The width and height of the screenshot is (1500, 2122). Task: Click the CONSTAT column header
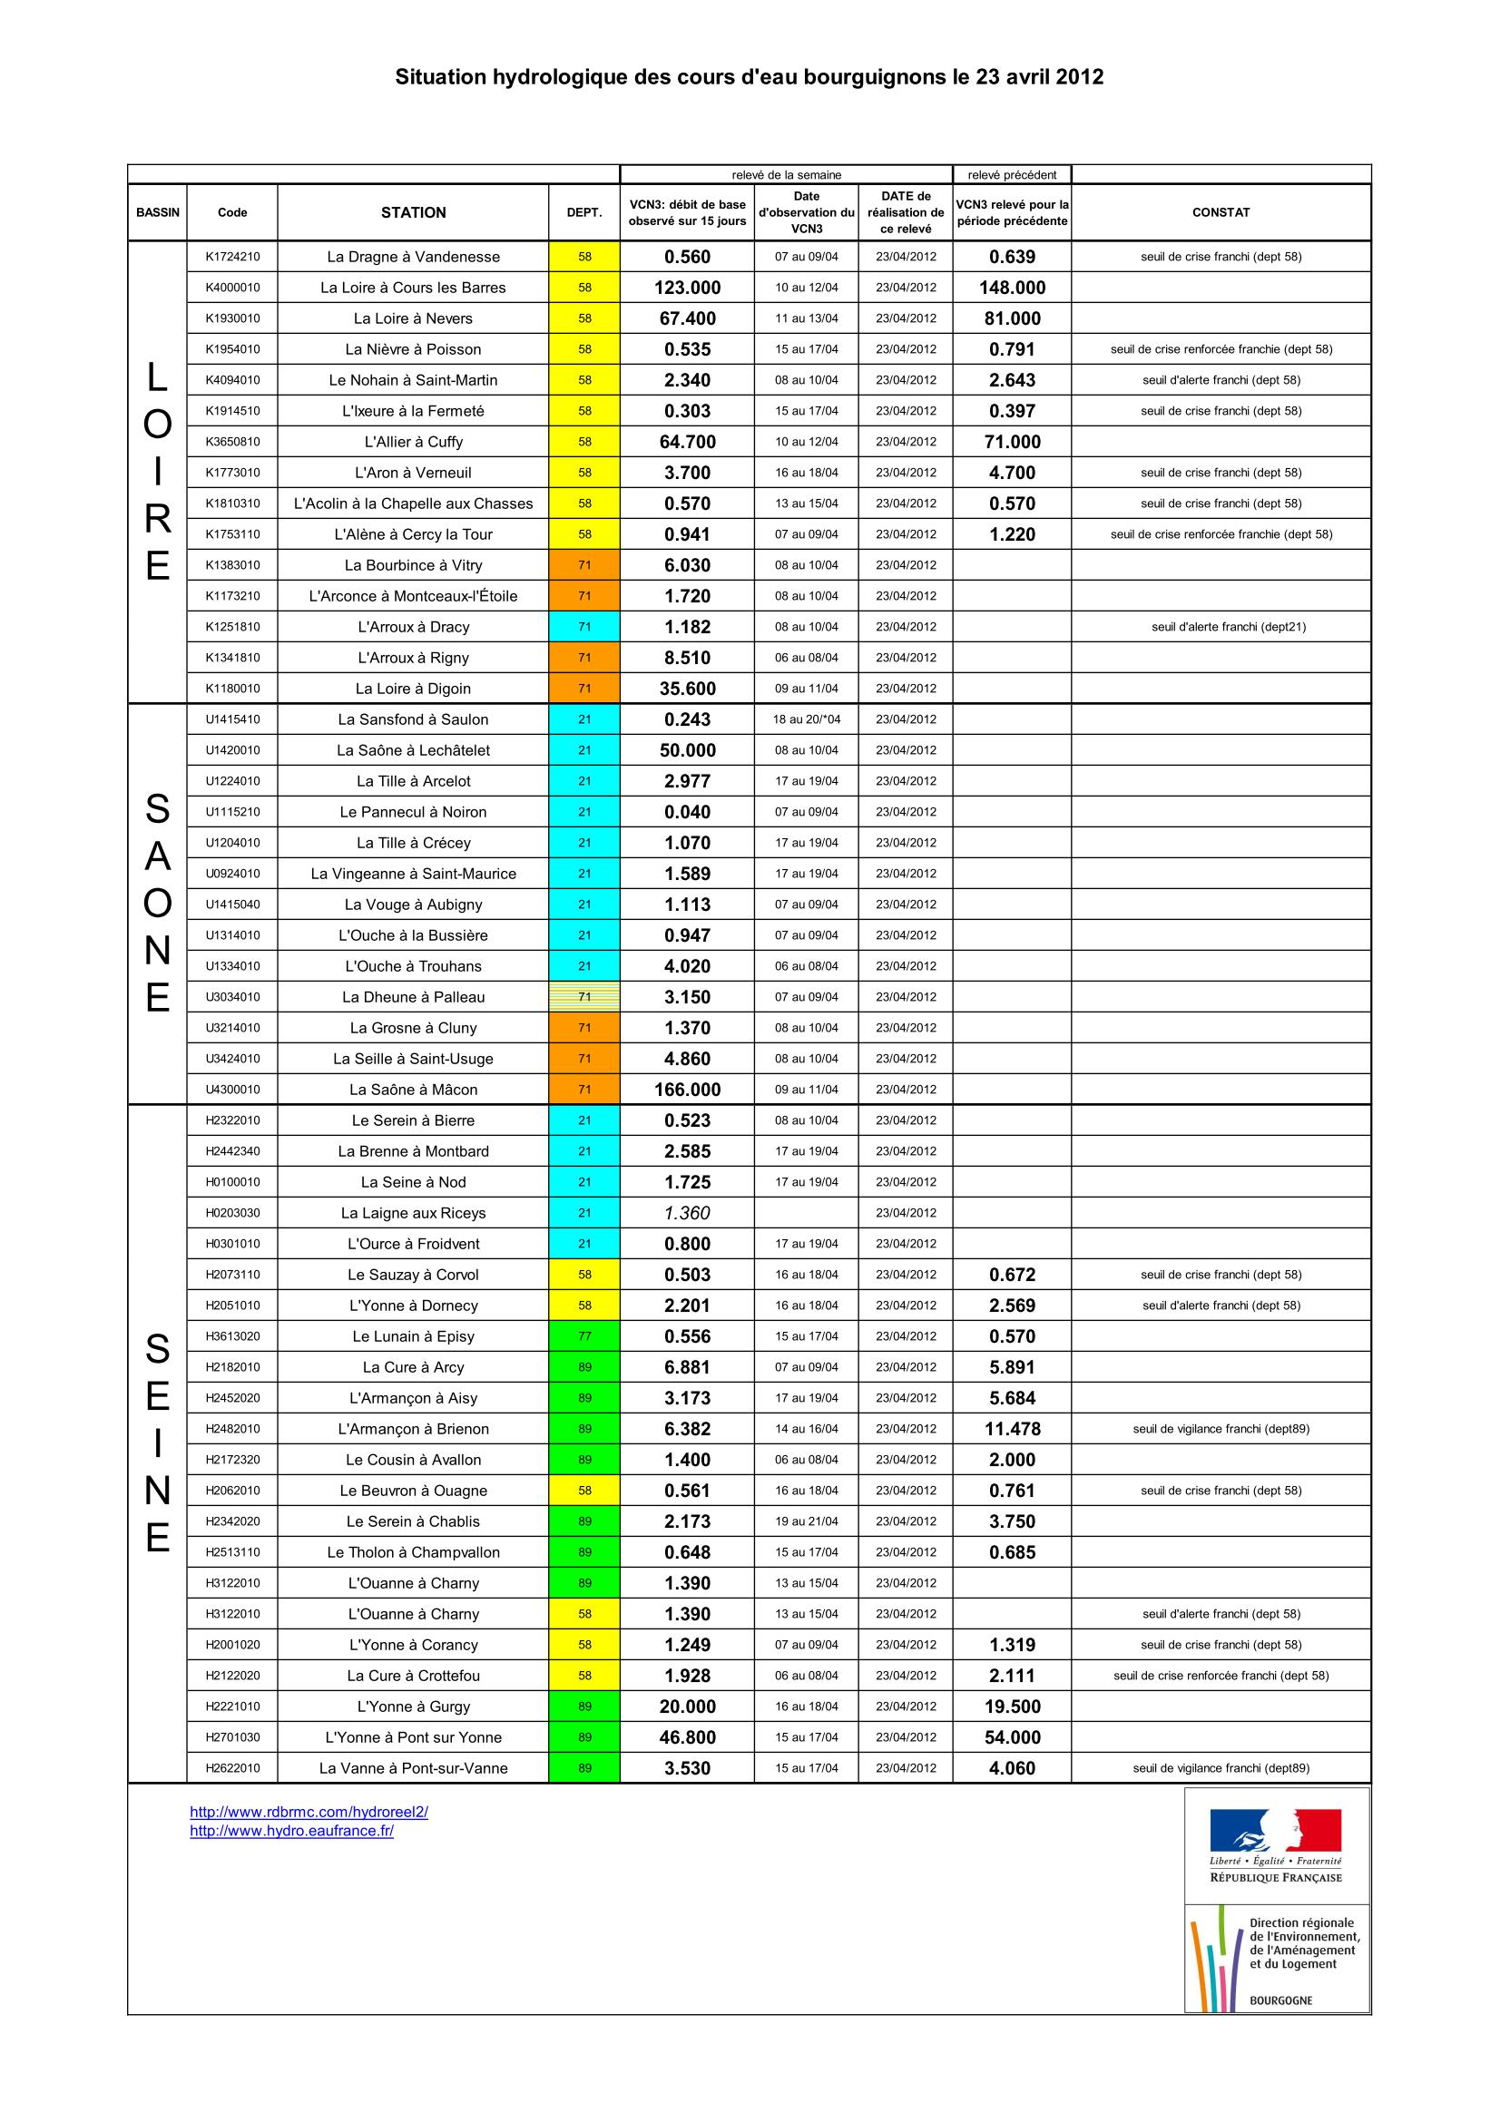[x=1220, y=212]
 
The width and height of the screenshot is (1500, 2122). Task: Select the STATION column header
[x=413, y=212]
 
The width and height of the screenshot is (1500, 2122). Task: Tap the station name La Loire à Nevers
[x=413, y=318]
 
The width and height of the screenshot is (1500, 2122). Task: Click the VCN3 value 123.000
[x=687, y=288]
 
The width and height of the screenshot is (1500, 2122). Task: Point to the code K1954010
[x=232, y=349]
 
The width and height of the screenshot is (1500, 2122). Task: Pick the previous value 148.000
[x=1012, y=288]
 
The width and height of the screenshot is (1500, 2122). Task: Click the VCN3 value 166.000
[x=687, y=1090]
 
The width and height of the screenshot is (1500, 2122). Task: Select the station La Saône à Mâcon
[x=413, y=1090]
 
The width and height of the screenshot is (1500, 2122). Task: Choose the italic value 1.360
[x=687, y=1213]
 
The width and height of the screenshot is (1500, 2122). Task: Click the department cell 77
[x=584, y=1336]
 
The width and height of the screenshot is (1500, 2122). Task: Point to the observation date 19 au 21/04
[x=807, y=1521]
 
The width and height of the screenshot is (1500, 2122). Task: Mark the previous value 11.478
[x=1012, y=1429]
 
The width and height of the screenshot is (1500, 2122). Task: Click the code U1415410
[x=232, y=719]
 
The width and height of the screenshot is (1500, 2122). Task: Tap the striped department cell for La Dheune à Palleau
[x=584, y=997]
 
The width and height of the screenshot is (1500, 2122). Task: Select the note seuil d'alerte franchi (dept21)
[x=1229, y=627]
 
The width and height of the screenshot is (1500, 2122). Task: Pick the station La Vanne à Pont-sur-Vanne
[x=413, y=1768]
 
